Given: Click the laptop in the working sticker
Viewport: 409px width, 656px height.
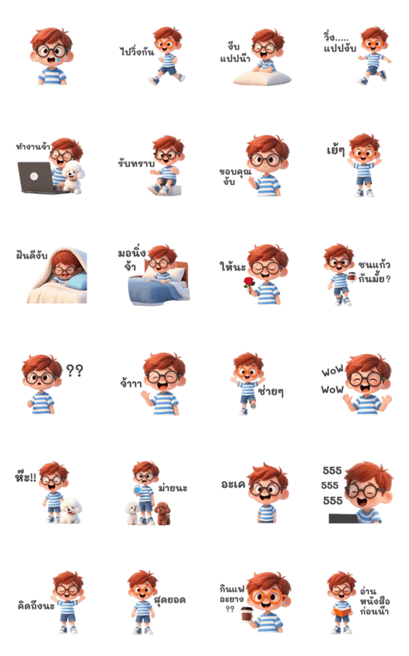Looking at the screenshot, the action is click(37, 178).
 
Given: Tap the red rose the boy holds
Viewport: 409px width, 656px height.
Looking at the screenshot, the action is click(249, 284).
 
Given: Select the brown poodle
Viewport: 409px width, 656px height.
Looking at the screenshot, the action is click(162, 513).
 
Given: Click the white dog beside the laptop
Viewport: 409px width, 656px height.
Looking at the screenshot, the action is click(73, 177).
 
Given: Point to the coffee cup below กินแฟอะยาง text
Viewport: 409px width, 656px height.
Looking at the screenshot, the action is click(247, 615).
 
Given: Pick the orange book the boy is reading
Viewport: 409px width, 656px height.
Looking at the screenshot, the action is click(342, 612).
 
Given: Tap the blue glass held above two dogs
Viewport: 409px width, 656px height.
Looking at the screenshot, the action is click(138, 488).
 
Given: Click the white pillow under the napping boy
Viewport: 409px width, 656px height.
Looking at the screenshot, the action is click(262, 77).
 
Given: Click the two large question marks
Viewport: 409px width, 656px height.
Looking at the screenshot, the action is click(75, 370).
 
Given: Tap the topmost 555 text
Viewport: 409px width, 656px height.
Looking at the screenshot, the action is click(332, 471).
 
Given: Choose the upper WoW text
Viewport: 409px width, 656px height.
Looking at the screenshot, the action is click(333, 371).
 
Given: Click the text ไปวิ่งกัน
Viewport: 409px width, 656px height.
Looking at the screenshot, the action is click(137, 52).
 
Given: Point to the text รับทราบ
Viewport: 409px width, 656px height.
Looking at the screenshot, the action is click(136, 163).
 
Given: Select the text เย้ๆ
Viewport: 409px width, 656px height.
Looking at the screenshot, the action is click(336, 149).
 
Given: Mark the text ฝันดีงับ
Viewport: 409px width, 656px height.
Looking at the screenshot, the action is click(32, 255).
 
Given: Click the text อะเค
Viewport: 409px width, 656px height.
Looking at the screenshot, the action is click(233, 484).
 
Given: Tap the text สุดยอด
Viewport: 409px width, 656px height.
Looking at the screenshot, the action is click(170, 600).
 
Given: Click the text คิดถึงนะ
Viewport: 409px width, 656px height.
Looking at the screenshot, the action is click(36, 606).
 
